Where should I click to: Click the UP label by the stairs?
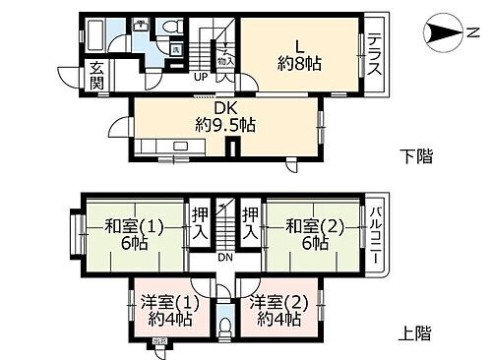pos(201,76)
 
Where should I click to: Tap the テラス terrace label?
pos(375,53)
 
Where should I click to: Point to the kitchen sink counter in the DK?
pos(172,150)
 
